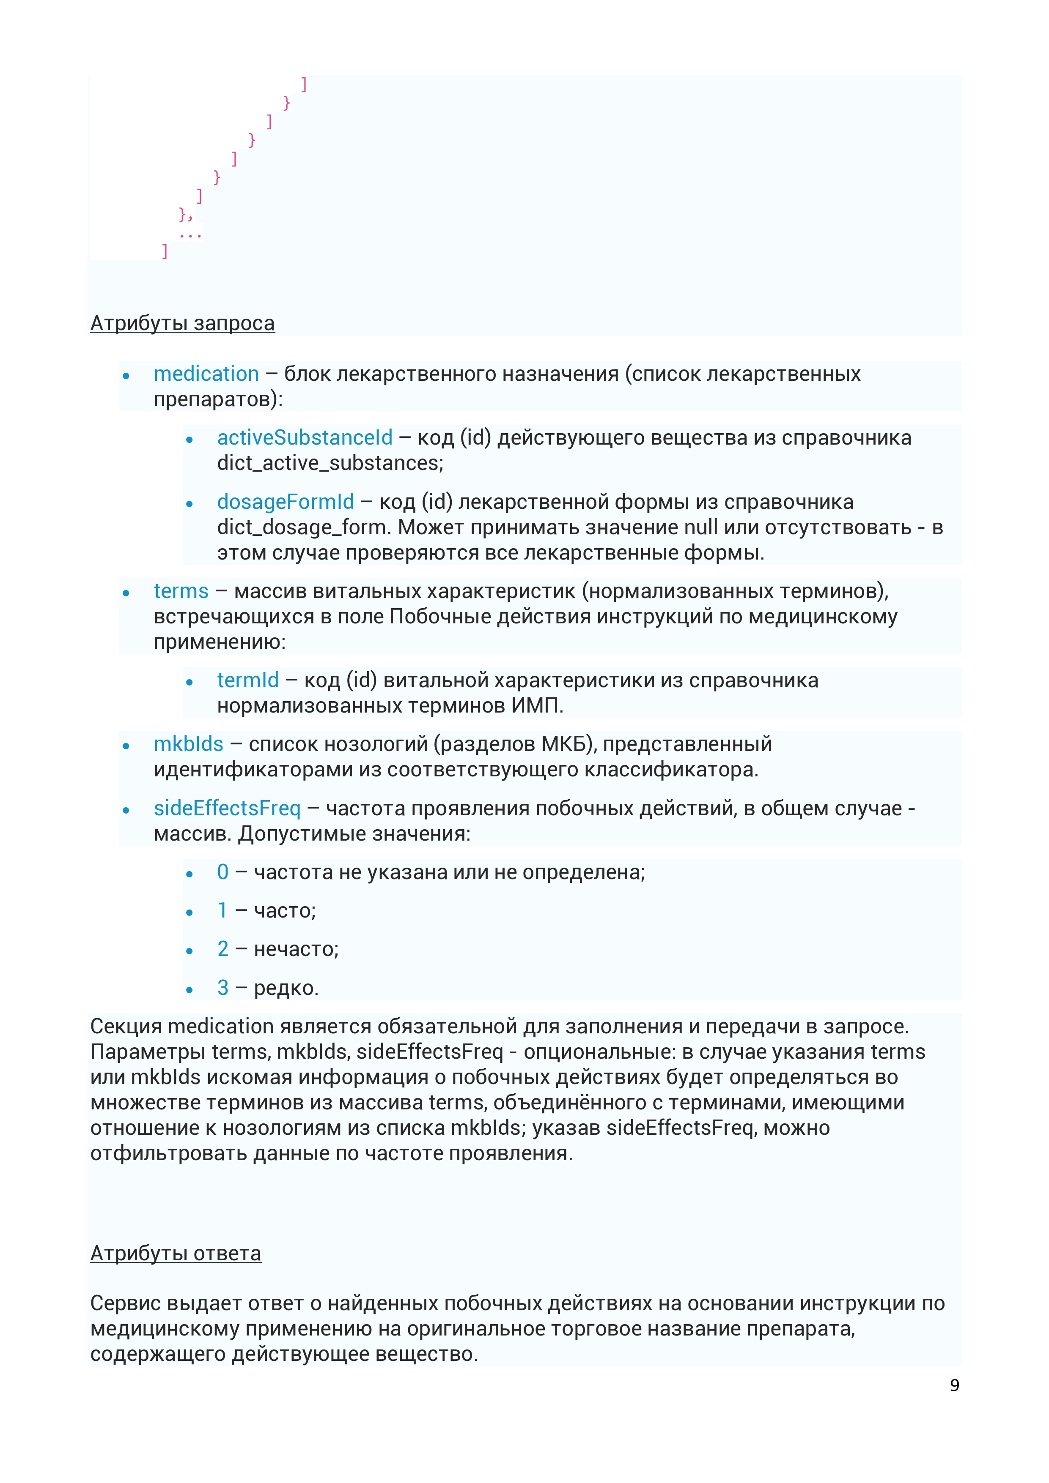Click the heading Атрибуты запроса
point(182,323)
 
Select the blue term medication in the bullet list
point(206,374)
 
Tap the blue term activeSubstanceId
point(305,438)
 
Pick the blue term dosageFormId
point(285,502)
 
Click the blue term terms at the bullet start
point(181,591)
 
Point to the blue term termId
point(247,680)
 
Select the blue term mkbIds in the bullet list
point(188,744)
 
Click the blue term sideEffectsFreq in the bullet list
point(227,808)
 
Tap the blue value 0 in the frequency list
point(223,872)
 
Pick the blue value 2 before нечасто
point(223,949)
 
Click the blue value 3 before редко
point(223,988)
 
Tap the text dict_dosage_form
point(304,527)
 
